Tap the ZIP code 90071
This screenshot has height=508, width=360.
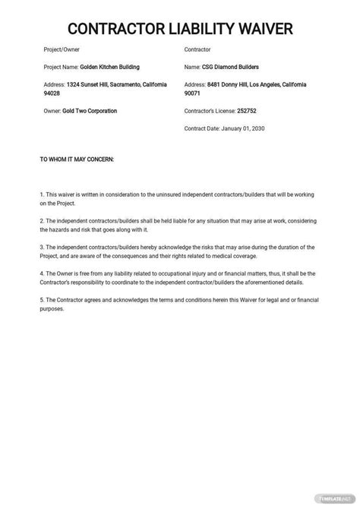tap(194, 96)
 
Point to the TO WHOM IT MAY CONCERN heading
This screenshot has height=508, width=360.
tap(76, 160)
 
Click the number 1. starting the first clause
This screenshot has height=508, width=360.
tap(42, 195)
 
